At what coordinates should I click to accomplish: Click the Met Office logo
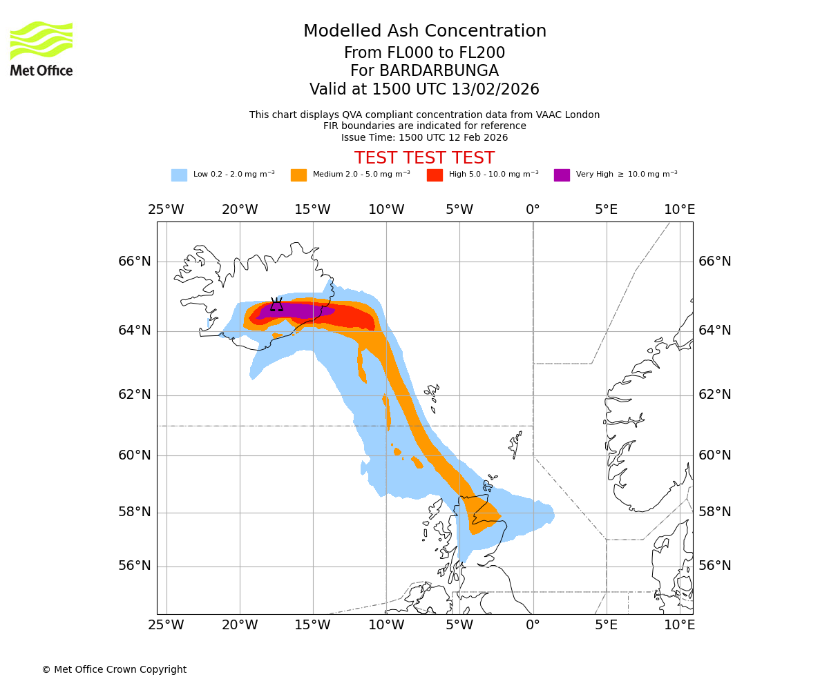tap(41, 48)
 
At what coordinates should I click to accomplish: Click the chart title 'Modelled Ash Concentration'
tap(425, 32)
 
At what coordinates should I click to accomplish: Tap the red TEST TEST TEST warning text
tap(424, 158)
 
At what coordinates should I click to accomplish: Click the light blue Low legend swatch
tap(179, 175)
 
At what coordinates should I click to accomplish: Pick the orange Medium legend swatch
tap(298, 175)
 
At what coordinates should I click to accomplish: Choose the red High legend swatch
tap(435, 175)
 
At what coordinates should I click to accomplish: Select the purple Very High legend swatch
tap(562, 175)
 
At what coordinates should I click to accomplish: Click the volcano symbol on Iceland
tap(276, 304)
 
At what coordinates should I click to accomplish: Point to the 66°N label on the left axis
tap(134, 262)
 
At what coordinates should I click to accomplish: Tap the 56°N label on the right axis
tap(714, 566)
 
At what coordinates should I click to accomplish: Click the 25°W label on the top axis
tap(166, 210)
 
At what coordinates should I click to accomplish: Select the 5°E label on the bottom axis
tap(606, 625)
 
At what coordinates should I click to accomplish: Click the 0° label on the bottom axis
tap(533, 625)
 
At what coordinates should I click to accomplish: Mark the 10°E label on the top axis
tap(679, 210)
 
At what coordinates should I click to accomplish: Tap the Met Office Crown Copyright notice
tap(114, 669)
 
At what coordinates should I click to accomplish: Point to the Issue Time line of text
tap(424, 137)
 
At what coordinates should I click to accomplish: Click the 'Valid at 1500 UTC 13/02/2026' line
tap(424, 90)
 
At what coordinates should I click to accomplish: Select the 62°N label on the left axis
tap(134, 395)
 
